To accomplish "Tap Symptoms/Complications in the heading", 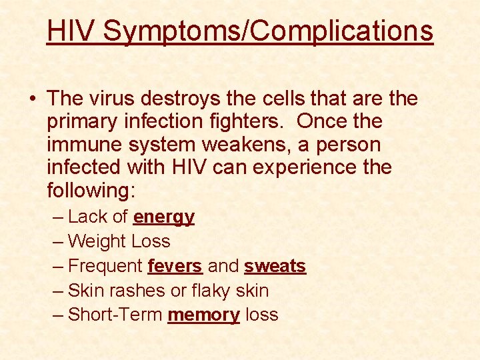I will (x=268, y=31).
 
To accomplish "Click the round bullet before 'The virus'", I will (x=32, y=99).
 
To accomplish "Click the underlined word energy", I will (x=164, y=217).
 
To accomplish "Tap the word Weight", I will (x=98, y=241).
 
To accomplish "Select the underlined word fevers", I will (x=175, y=266).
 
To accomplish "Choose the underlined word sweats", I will (x=275, y=266).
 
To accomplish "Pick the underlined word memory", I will (x=203, y=315).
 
